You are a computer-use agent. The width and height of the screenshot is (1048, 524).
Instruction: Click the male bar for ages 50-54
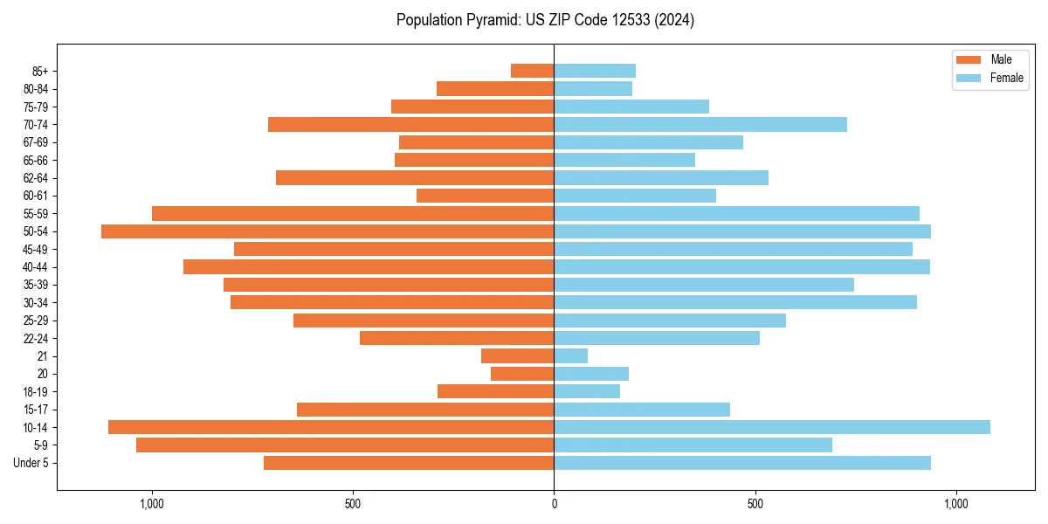(x=327, y=231)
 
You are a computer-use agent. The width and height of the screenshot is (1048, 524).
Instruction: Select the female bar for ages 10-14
(x=772, y=427)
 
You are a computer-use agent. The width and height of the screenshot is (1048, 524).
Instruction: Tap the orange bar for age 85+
(x=532, y=71)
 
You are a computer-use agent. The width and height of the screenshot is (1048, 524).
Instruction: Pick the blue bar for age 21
(x=571, y=355)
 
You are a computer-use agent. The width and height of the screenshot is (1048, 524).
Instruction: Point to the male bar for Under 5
(x=409, y=463)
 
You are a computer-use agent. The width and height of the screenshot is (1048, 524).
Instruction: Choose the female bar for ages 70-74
(x=700, y=124)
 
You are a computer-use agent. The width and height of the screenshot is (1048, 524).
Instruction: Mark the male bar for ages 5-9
(x=345, y=445)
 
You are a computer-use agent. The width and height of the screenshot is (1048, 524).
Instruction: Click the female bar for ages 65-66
(x=624, y=160)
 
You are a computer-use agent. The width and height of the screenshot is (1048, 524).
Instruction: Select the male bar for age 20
(x=522, y=374)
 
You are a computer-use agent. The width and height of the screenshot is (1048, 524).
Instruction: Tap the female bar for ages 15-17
(x=642, y=410)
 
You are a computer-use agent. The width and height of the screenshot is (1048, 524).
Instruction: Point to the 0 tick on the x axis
(x=554, y=504)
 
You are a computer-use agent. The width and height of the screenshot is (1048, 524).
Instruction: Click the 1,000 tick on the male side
(x=152, y=504)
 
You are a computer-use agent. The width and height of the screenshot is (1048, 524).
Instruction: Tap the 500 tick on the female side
(x=755, y=504)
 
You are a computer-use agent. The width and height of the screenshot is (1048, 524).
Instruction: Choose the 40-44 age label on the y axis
(x=36, y=267)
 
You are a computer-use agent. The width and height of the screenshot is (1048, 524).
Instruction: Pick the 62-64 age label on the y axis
(x=36, y=178)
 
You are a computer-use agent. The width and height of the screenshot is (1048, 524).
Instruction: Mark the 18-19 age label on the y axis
(x=36, y=392)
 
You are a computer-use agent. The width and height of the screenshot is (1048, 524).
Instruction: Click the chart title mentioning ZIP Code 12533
(x=545, y=20)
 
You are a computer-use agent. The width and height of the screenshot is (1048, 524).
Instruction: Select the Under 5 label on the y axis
(x=31, y=463)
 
